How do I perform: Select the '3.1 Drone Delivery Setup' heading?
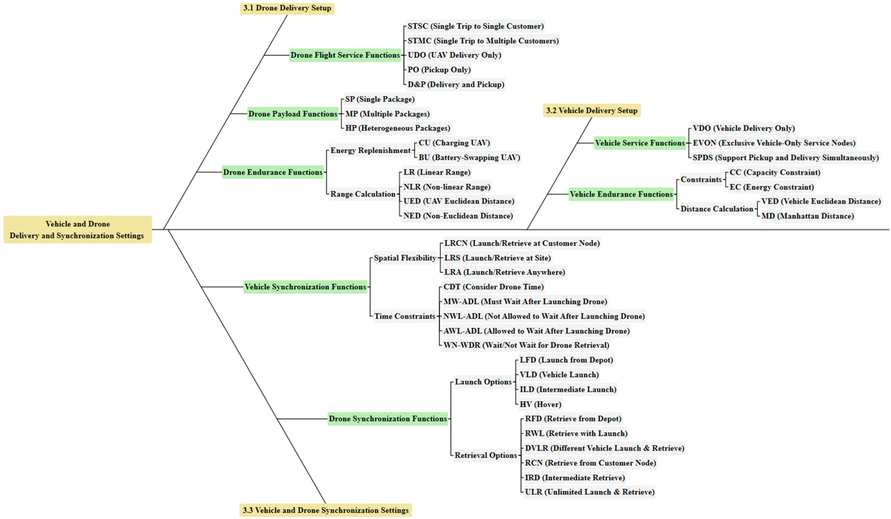click(287, 8)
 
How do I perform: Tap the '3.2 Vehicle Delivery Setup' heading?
click(592, 110)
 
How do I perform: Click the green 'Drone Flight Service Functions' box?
click(345, 55)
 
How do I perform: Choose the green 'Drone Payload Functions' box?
click(293, 114)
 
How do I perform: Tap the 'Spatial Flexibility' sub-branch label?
click(405, 258)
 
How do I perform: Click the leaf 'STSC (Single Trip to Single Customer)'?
click(475, 26)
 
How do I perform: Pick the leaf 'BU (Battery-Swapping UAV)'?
click(469, 157)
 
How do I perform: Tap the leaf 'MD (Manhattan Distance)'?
click(808, 216)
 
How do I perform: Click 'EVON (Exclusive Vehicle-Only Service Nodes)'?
click(774, 143)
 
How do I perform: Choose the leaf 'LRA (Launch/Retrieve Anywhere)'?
click(505, 272)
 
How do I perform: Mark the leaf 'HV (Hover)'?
click(540, 404)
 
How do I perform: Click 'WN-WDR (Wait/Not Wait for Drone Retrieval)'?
click(526, 345)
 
